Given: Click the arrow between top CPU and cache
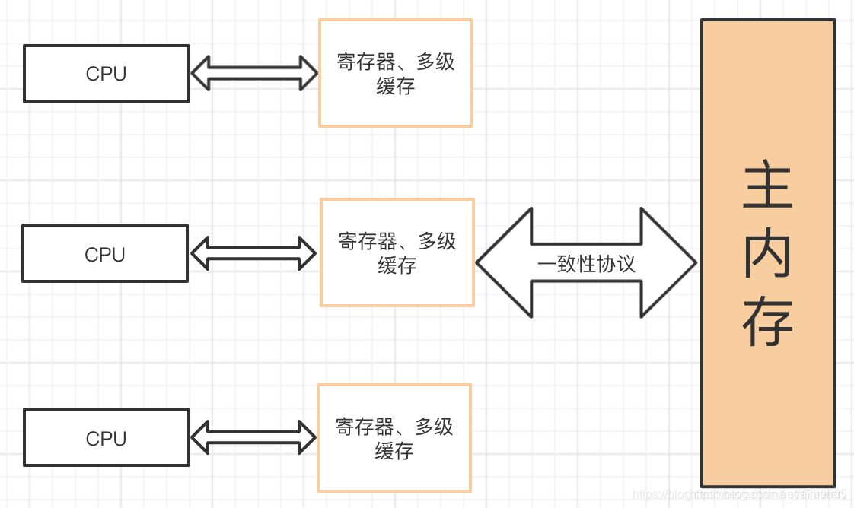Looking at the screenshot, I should tap(253, 74).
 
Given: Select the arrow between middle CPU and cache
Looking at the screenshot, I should tap(253, 253).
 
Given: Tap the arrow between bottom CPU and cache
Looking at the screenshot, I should tap(253, 437).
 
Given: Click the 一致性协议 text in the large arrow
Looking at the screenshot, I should tap(586, 264).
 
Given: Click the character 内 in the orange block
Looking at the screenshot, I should tap(767, 255).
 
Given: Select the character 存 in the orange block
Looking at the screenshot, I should tap(767, 323).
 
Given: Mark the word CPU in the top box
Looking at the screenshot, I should tap(106, 74).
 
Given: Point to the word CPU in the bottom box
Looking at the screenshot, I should tap(106, 438).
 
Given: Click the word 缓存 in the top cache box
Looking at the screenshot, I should tap(396, 86).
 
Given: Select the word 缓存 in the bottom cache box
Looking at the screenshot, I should tap(394, 451).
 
